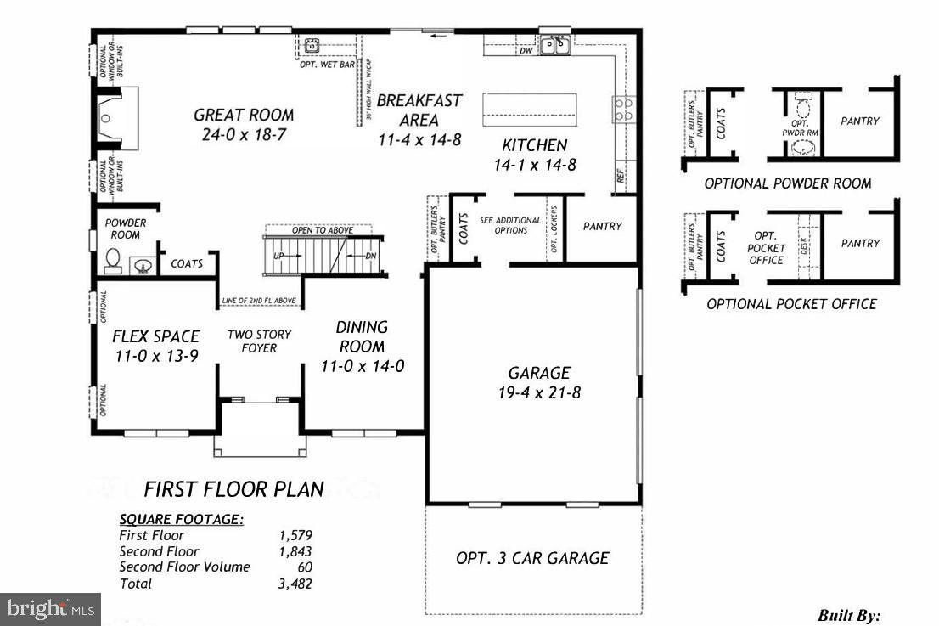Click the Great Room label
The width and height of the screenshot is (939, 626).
tap(244, 115)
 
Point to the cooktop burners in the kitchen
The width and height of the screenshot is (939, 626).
tap(623, 109)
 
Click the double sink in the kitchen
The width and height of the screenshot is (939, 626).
tap(556, 44)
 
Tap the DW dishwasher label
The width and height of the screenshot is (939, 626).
tap(526, 51)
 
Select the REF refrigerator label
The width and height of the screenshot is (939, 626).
tap(621, 178)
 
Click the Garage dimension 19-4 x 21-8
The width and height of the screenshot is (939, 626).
tap(539, 392)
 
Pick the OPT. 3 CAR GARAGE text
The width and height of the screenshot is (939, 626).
tap(532, 558)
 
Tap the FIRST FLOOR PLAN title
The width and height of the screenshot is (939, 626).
tap(233, 489)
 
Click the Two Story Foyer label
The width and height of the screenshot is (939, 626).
tap(259, 341)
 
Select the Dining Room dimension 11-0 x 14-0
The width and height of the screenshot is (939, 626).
tap(362, 367)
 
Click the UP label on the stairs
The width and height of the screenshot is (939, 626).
tap(278, 255)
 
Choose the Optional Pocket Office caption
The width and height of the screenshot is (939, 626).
tap(791, 304)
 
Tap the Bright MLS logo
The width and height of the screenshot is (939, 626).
tap(49, 608)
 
